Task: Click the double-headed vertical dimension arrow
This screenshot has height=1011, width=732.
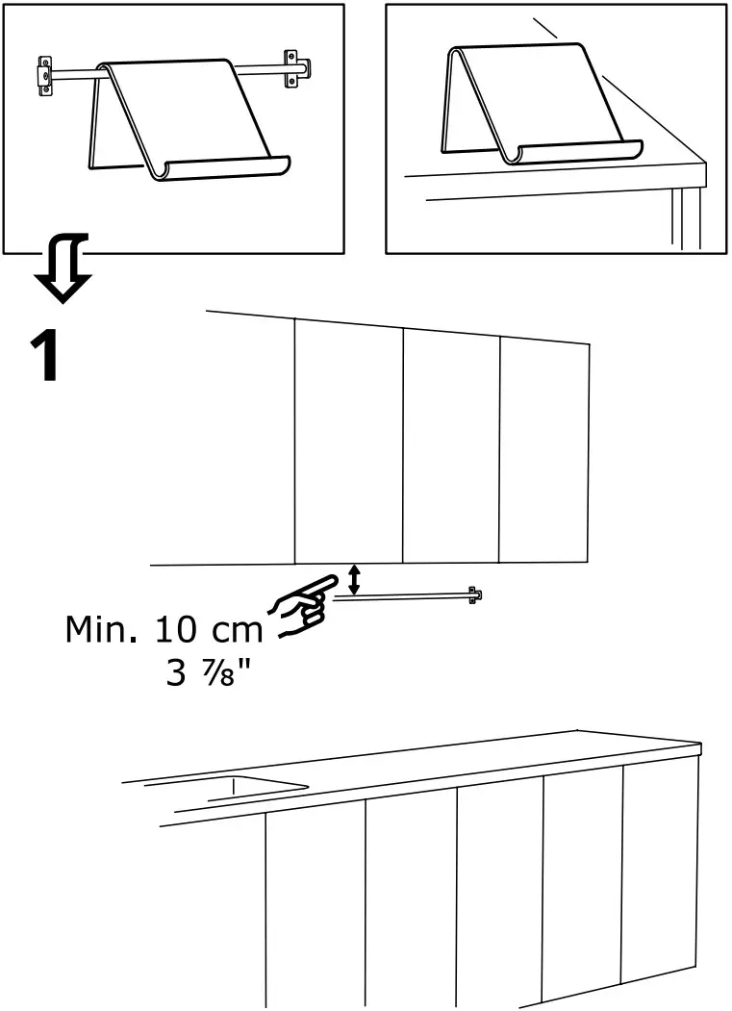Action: click(354, 580)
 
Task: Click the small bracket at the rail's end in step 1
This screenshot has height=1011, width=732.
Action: click(472, 594)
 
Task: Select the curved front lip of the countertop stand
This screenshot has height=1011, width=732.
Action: click(577, 152)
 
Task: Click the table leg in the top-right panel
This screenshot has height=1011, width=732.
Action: click(689, 217)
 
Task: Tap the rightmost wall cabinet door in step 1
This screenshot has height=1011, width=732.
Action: click(543, 452)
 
